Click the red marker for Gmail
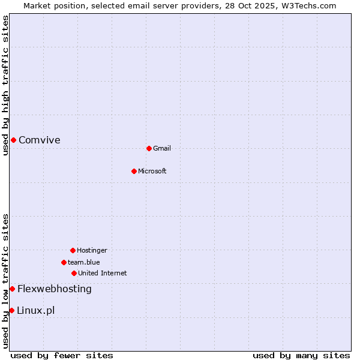pyautogui.click(x=149, y=148)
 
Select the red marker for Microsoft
pyautogui.click(x=134, y=171)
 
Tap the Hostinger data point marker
pyautogui.click(x=73, y=250)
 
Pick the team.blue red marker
pyautogui.click(x=64, y=262)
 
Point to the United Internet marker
pyautogui.click(x=74, y=273)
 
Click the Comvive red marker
pyautogui.click(x=13, y=140)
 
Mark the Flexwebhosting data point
pyautogui.click(x=12, y=289)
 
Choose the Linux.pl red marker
pyautogui.click(x=11, y=310)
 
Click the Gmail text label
pyautogui.click(x=162, y=149)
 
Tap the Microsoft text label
pyautogui.click(x=152, y=172)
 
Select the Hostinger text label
pyautogui.click(x=92, y=251)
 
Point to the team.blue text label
pyautogui.click(x=84, y=263)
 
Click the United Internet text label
pyautogui.click(x=103, y=274)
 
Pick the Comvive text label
pyautogui.click(x=40, y=140)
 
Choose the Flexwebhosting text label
pyautogui.click(x=55, y=289)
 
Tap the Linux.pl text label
pyautogui.click(x=36, y=311)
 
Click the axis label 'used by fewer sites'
pyautogui.click(x=62, y=356)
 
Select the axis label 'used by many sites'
pyautogui.click(x=301, y=356)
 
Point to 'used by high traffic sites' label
pyautogui.click(x=5, y=85)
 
